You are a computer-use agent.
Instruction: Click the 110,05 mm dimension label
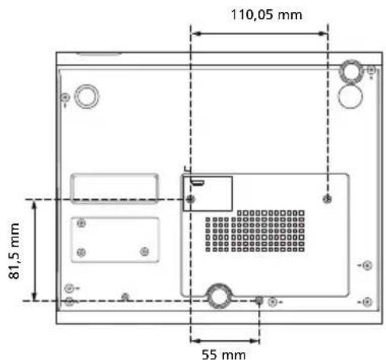266,14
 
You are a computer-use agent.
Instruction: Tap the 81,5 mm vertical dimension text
14,251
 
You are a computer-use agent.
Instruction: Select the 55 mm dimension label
224,354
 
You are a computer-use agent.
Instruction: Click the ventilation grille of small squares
255,231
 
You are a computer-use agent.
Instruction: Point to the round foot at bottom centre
219,296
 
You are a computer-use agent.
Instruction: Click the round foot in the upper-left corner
86,97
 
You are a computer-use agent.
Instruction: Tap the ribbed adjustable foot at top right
352,71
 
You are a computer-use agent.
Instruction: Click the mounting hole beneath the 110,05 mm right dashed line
327,199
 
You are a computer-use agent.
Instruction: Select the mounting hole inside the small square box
190,199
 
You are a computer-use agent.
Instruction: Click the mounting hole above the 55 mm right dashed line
259,301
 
